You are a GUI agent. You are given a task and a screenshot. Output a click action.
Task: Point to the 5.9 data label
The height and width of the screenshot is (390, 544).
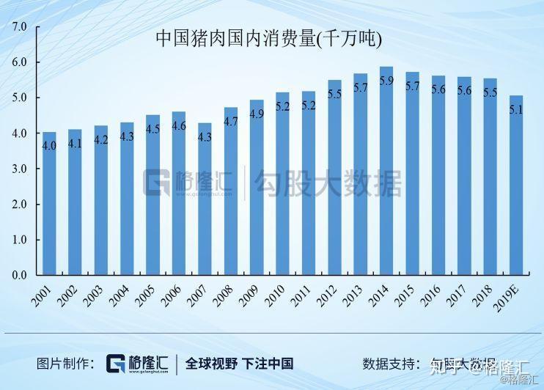386,81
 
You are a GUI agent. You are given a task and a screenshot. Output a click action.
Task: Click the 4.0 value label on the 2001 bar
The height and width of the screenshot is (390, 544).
49,145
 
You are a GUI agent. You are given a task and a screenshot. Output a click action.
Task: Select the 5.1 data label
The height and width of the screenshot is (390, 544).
516,110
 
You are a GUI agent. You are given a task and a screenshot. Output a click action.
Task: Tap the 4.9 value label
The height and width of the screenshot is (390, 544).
257,114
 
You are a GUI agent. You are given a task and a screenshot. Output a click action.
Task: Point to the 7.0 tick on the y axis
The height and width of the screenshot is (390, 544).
18,27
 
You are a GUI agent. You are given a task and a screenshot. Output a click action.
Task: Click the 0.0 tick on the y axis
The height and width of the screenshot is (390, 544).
18,275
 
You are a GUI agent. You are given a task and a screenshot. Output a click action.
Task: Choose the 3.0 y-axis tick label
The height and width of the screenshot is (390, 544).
18,169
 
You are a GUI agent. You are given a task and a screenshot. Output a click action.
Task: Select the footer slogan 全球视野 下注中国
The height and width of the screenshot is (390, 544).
239,364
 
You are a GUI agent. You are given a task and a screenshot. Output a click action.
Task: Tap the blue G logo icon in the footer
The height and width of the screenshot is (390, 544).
118,364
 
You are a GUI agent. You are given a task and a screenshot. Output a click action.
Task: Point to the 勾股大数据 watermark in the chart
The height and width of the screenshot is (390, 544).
328,183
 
